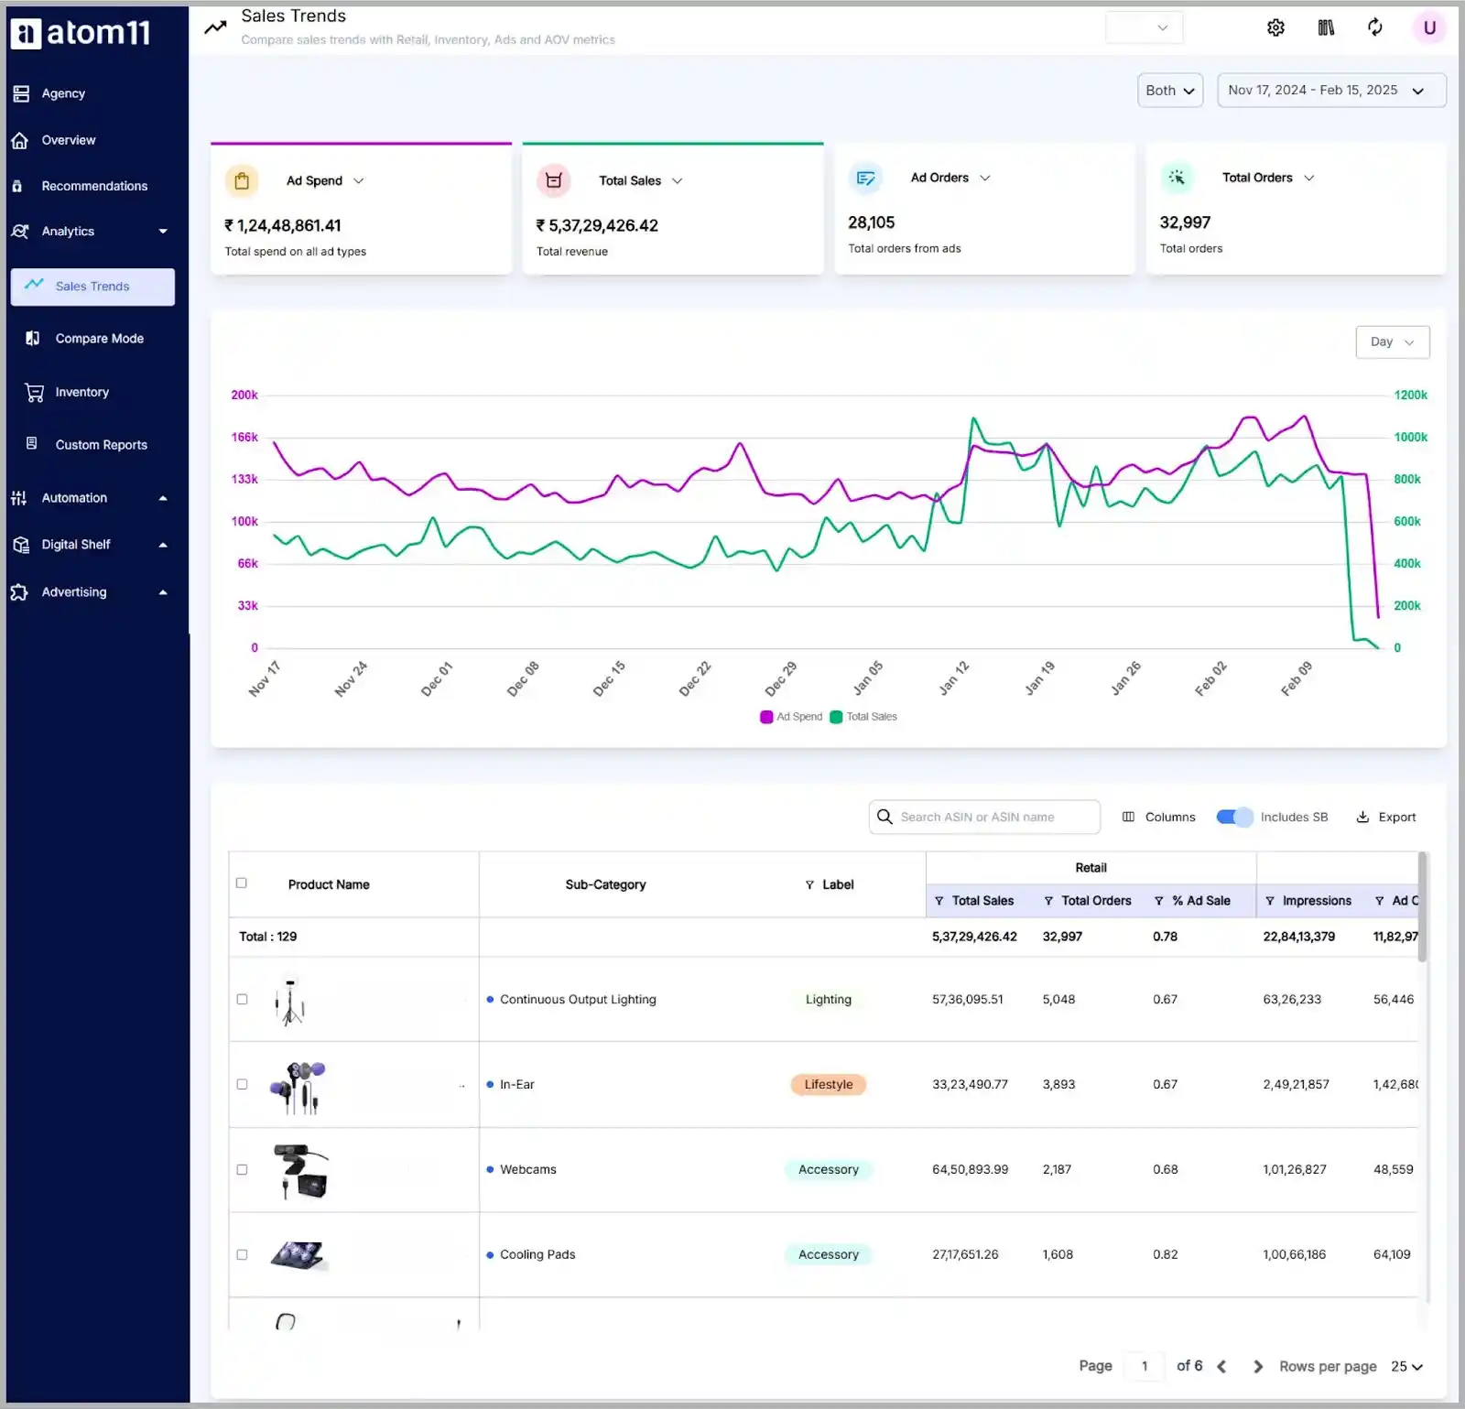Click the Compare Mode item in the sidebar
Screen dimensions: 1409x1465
[99, 339]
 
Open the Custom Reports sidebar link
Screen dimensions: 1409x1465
[101, 445]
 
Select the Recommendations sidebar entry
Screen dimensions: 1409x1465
[93, 186]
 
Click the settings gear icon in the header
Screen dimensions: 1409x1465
[1275, 27]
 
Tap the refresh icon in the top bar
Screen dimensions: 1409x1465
[1374, 27]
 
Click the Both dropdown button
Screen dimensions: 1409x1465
[1169, 91]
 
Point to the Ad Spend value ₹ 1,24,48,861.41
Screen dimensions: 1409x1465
[283, 225]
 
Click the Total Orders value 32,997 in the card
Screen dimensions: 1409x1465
[1185, 222]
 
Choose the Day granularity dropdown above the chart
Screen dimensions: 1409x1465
[1392, 342]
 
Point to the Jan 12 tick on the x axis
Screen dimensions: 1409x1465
[954, 677]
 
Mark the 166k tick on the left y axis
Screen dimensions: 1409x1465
[244, 438]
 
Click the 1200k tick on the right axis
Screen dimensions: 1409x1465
[1410, 396]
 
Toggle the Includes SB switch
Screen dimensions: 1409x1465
[1233, 818]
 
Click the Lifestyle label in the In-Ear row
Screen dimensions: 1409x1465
[828, 1085]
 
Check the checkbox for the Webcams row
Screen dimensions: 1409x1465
[242, 1170]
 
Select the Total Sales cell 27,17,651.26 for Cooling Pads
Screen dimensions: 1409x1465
[965, 1255]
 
